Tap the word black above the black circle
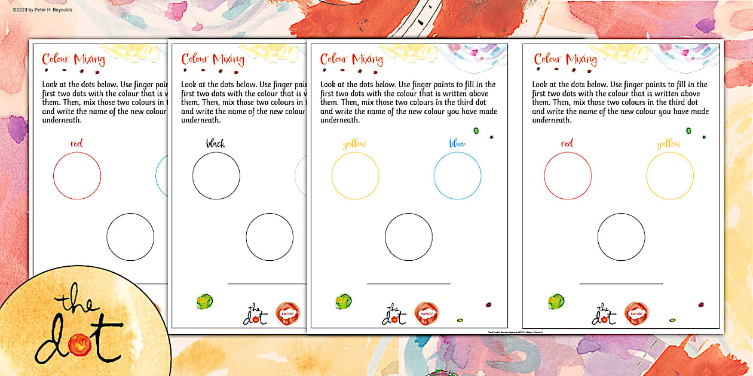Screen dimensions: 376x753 (215, 143)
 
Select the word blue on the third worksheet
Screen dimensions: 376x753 (457, 143)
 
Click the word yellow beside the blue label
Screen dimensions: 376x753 (354, 144)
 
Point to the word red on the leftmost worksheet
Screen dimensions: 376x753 (76, 143)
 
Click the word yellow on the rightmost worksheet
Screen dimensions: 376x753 (668, 144)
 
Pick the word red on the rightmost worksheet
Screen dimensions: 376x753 (567, 143)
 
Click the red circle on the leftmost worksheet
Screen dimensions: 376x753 (77, 175)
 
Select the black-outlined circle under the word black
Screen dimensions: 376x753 (216, 175)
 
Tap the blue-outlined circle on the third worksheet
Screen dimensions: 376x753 (457, 175)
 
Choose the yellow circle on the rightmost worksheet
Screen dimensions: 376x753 (669, 175)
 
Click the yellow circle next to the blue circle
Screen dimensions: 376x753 (355, 175)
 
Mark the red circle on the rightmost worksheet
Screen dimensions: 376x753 (568, 175)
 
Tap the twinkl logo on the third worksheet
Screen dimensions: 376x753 (426, 313)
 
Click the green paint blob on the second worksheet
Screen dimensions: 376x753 (204, 301)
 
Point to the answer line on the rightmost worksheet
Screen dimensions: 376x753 (621, 283)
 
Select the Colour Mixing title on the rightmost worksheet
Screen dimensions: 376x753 (565, 59)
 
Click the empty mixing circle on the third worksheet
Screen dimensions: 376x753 (408, 237)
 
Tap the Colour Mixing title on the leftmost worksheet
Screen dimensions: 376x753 (74, 59)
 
